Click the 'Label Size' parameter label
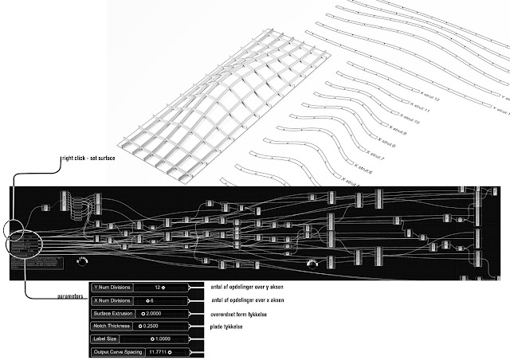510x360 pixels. tap(106, 338)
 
